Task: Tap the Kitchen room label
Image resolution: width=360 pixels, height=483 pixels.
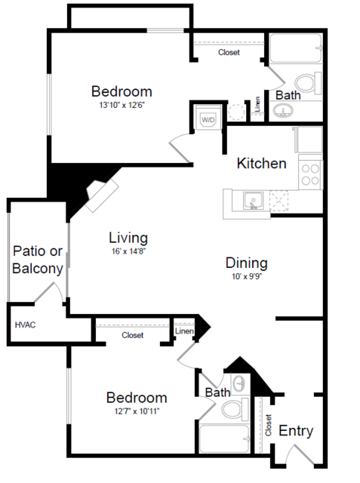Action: point(261,163)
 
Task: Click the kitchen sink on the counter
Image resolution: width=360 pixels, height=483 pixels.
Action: point(254,200)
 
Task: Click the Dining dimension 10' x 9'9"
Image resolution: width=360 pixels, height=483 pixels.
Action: point(247,277)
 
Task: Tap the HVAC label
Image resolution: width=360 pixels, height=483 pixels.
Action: point(26,325)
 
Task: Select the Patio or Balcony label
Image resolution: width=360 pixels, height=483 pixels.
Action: point(37,260)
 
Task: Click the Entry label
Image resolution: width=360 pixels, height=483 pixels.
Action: point(296,431)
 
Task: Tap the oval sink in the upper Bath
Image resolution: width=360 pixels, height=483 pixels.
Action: point(285,112)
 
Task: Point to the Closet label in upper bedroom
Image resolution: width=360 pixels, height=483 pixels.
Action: point(229,52)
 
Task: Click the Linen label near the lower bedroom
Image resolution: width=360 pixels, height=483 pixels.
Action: point(183,331)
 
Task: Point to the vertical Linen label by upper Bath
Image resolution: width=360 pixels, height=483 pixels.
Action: point(257,107)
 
